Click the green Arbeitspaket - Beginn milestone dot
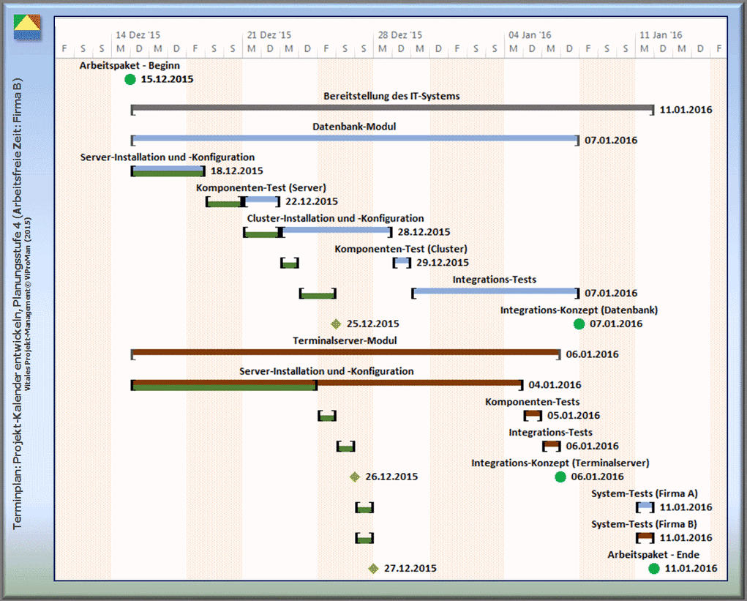pyautogui.click(x=130, y=79)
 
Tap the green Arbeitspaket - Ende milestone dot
pyautogui.click(x=654, y=568)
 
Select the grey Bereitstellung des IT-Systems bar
pyautogui.click(x=392, y=109)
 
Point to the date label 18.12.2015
pyautogui.click(x=236, y=171)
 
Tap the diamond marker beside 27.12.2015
pyautogui.click(x=373, y=568)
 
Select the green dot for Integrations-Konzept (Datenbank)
pyautogui.click(x=579, y=324)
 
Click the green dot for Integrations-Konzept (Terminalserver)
pyautogui.click(x=560, y=477)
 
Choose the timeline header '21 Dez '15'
pyautogui.click(x=269, y=34)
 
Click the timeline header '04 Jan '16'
pyautogui.click(x=530, y=34)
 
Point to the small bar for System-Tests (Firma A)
pyautogui.click(x=645, y=507)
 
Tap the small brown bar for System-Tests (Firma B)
pyautogui.click(x=645, y=537)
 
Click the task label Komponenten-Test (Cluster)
pyautogui.click(x=401, y=249)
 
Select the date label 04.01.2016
pyautogui.click(x=555, y=384)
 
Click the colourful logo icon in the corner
pyautogui.click(x=28, y=27)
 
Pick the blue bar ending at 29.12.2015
pyautogui.click(x=402, y=262)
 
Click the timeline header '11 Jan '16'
pyautogui.click(x=661, y=34)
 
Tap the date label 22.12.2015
pyautogui.click(x=312, y=201)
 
